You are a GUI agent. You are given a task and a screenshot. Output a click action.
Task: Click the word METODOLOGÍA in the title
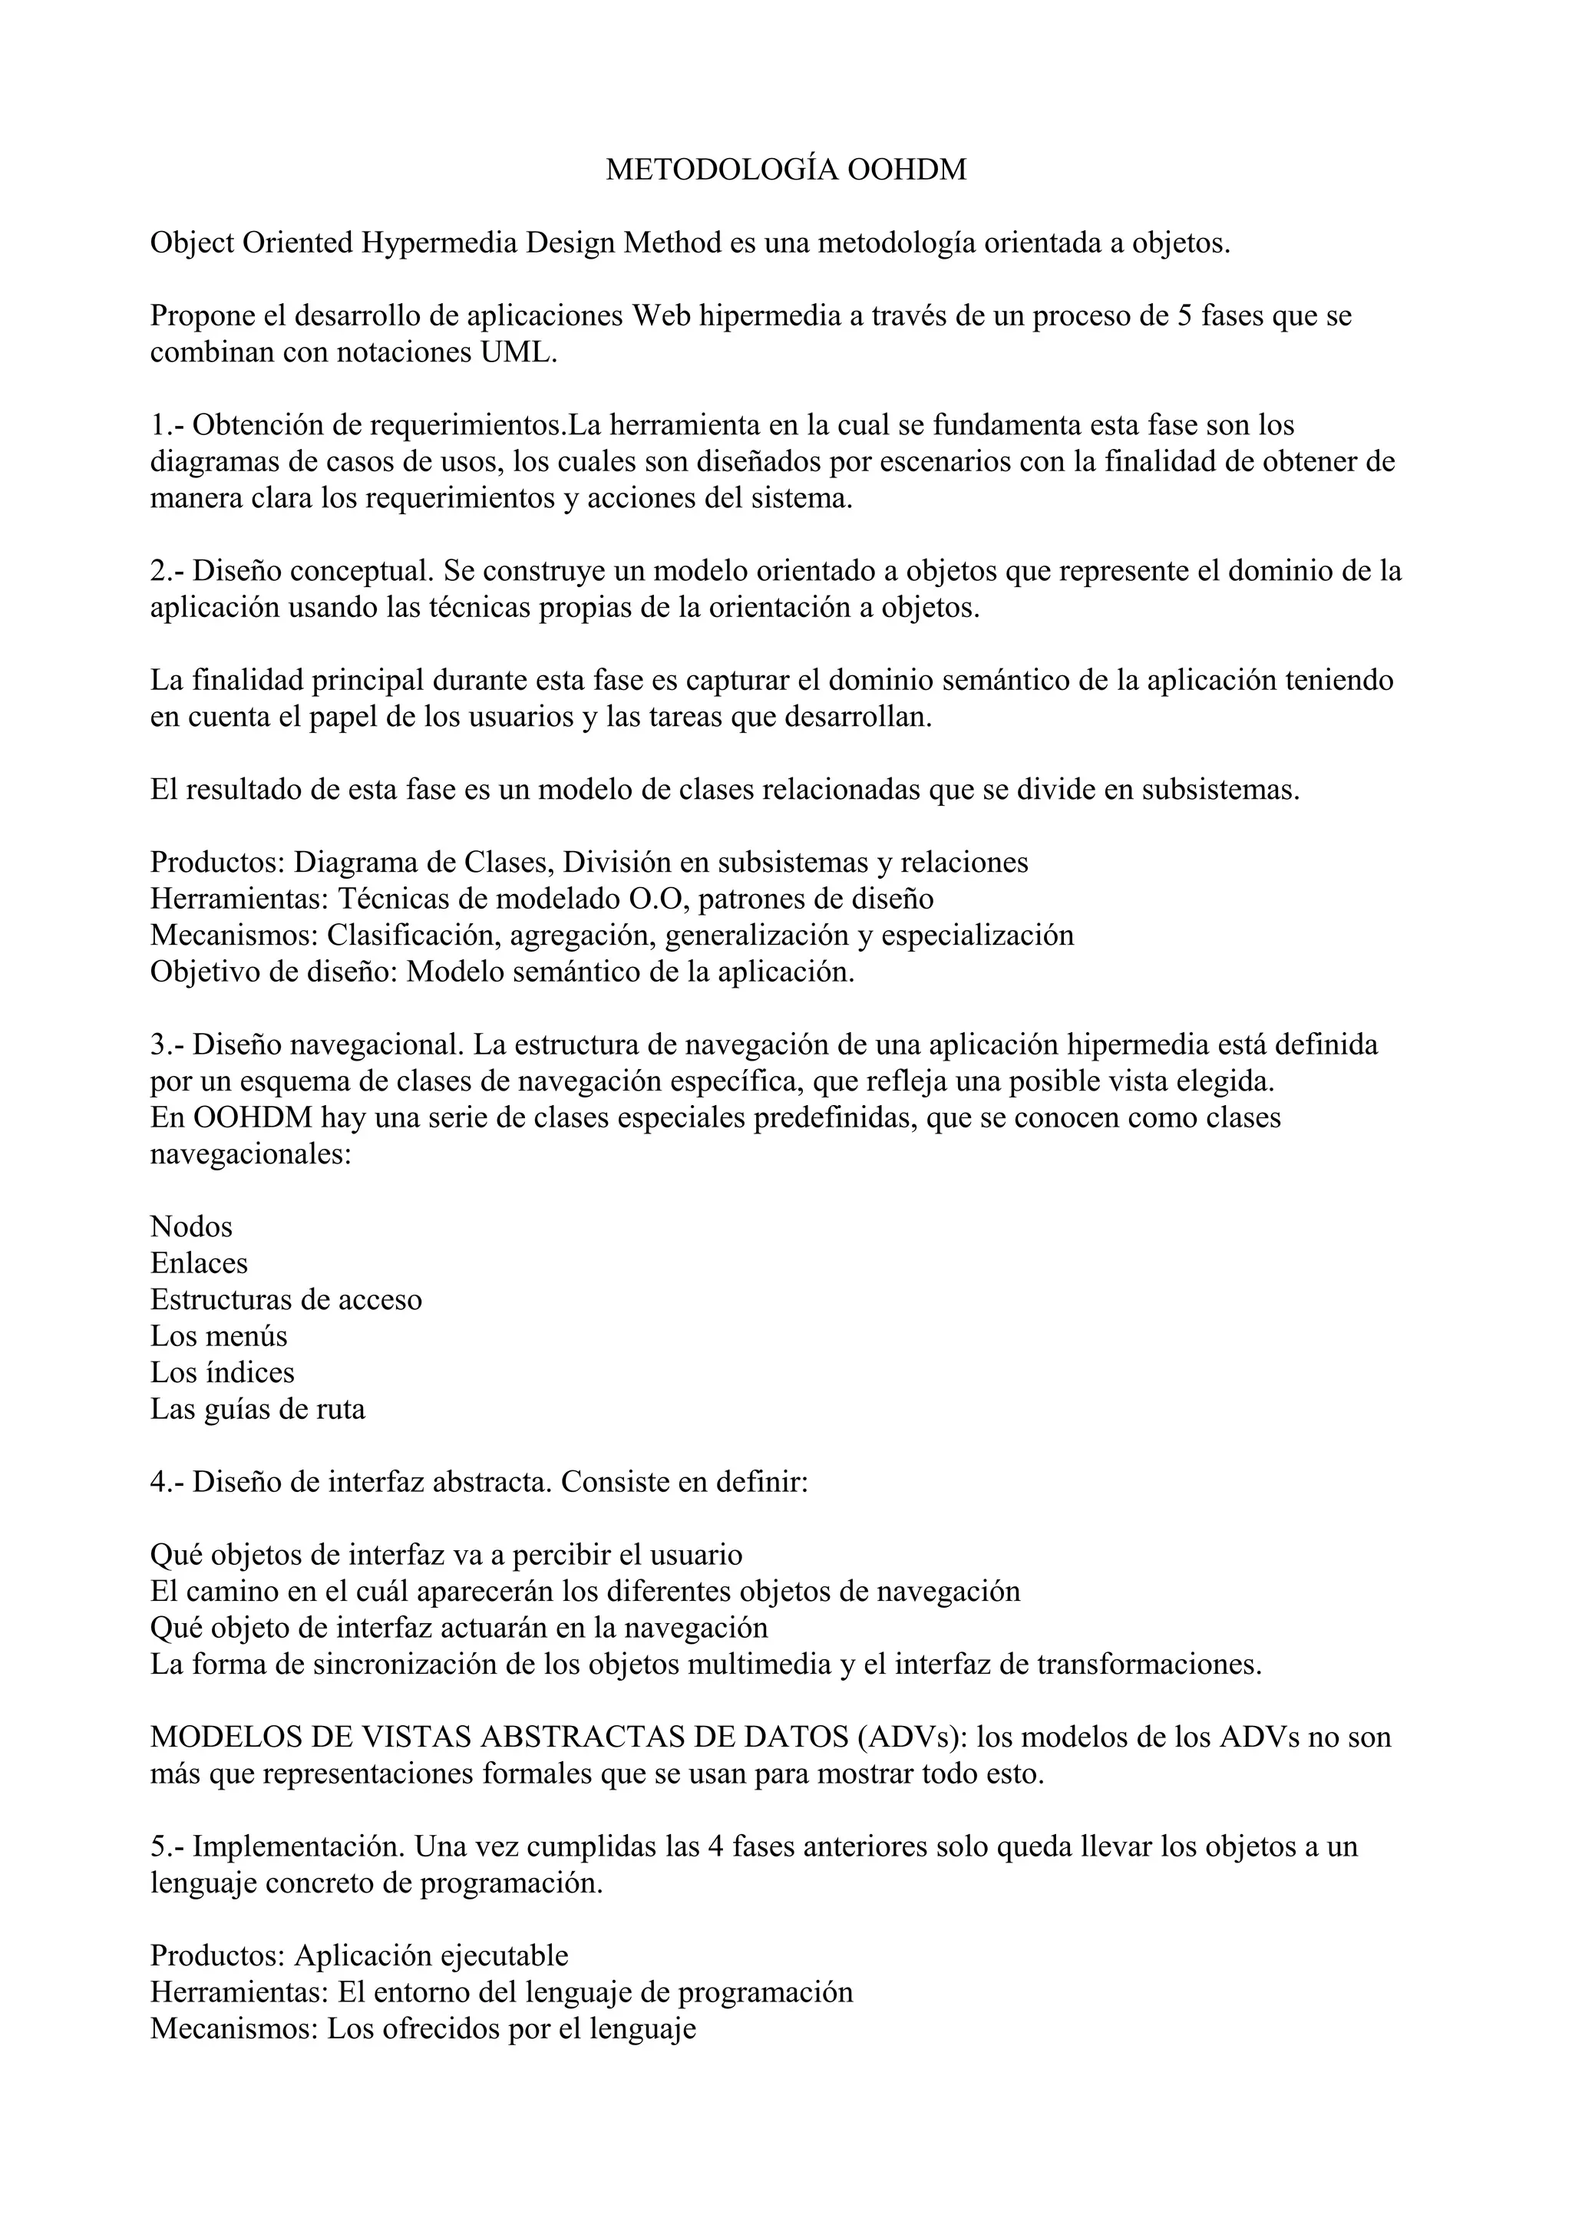click(722, 170)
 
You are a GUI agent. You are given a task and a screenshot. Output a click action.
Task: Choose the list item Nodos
click(192, 1227)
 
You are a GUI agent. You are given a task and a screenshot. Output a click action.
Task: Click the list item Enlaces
click(200, 1263)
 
